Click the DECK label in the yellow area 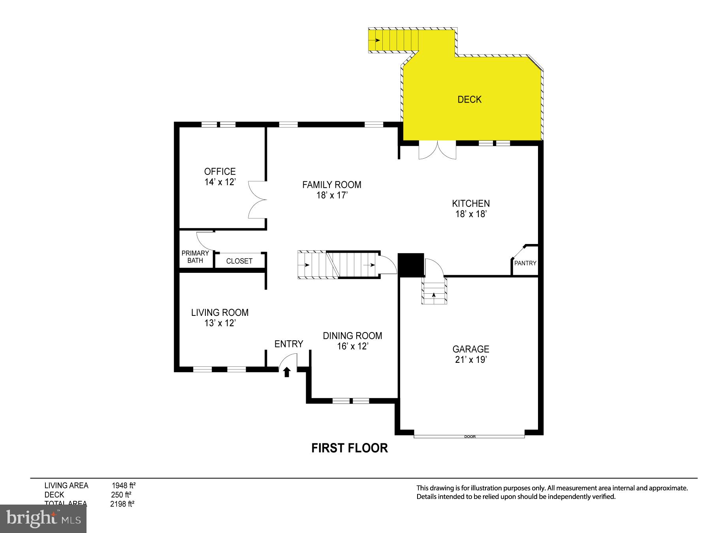(x=469, y=99)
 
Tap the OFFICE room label (x=220, y=171)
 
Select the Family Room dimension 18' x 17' (x=331, y=195)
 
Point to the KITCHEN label (x=470, y=204)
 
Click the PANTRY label (x=525, y=263)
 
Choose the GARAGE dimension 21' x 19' (x=470, y=360)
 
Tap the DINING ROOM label (x=352, y=336)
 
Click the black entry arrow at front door (x=287, y=372)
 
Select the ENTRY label (x=289, y=344)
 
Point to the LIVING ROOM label (x=220, y=313)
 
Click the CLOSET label (x=239, y=261)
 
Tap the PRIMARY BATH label (x=195, y=257)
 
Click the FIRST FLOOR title (x=349, y=448)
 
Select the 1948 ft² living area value (x=123, y=486)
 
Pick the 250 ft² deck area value (x=121, y=495)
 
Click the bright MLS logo (x=43, y=518)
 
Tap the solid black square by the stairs (x=411, y=265)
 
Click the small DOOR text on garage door (x=470, y=437)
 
